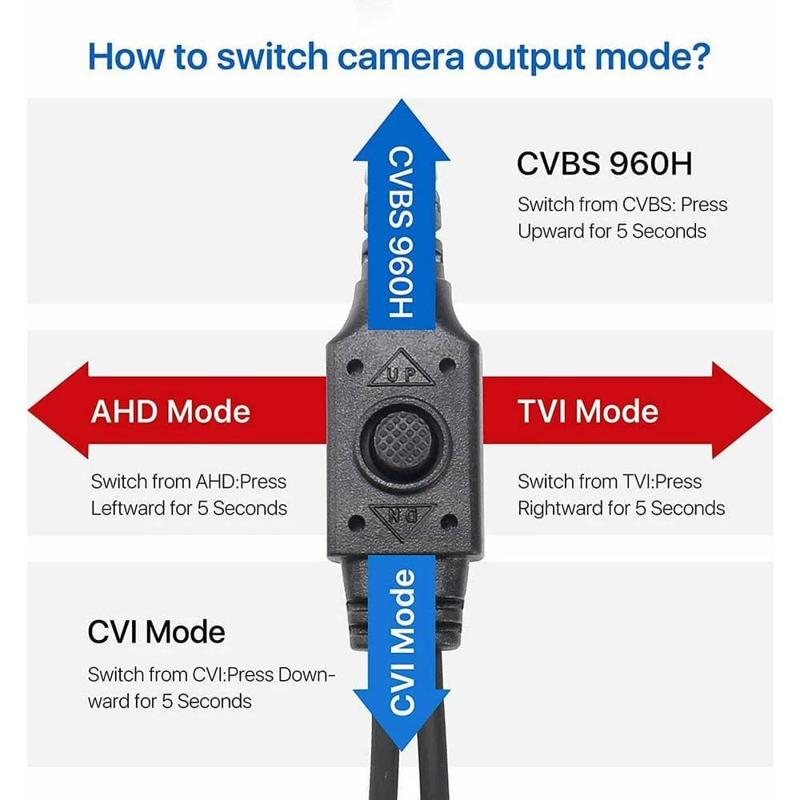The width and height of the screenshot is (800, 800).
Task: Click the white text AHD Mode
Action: [170, 411]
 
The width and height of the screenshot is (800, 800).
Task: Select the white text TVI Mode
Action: [588, 411]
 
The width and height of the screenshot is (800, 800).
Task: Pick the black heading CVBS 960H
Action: [604, 163]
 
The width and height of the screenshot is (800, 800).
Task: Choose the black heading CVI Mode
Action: [156, 632]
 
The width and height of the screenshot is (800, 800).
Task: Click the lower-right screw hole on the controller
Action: [450, 521]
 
